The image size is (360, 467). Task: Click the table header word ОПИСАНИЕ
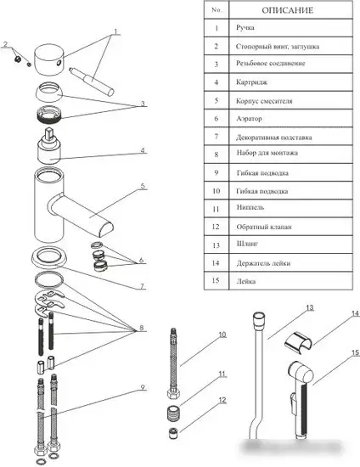coord(287,10)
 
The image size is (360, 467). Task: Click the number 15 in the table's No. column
coord(216,280)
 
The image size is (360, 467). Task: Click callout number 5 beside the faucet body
coord(143,186)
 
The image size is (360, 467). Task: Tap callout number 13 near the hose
coord(310,307)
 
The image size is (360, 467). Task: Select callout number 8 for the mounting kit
coord(142,328)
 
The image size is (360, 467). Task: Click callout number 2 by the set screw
coord(5,44)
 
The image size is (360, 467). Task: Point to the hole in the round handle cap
coord(59,63)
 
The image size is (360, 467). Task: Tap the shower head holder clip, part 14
coord(298,341)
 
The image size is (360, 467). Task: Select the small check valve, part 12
coord(173,433)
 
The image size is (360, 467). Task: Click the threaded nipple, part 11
coord(173,414)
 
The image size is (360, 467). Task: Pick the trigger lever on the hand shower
coord(293,403)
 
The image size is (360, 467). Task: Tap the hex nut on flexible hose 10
coord(173,395)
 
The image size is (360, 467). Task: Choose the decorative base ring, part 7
coord(49,257)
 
